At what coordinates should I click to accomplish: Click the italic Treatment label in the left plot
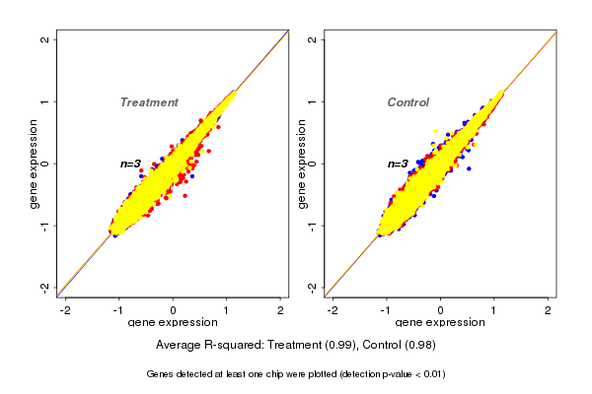point(149,102)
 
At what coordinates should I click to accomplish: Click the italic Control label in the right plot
point(407,102)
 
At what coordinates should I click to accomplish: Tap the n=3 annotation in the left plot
point(131,164)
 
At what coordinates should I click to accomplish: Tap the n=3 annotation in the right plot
point(398,164)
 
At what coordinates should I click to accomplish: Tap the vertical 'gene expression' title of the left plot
point(35,164)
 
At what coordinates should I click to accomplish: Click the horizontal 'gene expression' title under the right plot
point(439,323)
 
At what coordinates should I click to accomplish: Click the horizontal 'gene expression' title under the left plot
point(173,323)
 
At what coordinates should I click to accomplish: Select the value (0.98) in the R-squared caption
point(418,346)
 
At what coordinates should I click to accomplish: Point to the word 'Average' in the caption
point(180,346)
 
